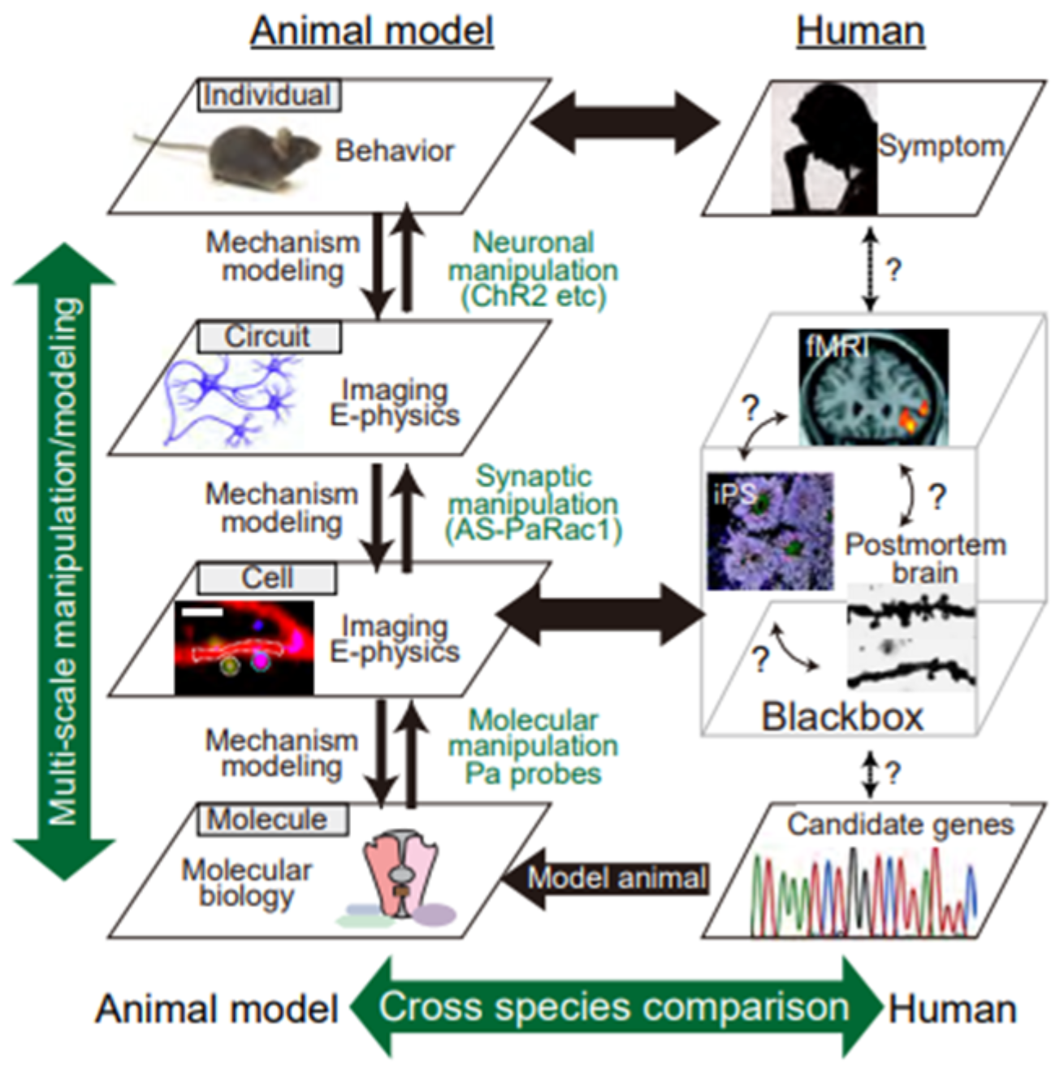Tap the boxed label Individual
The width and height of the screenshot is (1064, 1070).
(x=269, y=95)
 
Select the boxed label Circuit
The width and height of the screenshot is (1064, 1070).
(x=269, y=336)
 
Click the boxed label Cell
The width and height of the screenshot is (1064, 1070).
(x=267, y=578)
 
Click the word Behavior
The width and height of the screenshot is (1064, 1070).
(x=395, y=151)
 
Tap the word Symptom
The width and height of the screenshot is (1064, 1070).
(x=941, y=146)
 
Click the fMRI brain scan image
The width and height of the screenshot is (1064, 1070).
(x=873, y=387)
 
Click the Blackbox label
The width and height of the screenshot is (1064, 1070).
(x=842, y=717)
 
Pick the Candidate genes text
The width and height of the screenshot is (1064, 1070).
(x=900, y=825)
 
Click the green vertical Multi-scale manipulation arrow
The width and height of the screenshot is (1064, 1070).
(x=65, y=561)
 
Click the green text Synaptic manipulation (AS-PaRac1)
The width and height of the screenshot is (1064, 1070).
(x=533, y=504)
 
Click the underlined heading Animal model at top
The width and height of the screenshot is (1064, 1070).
(x=371, y=31)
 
